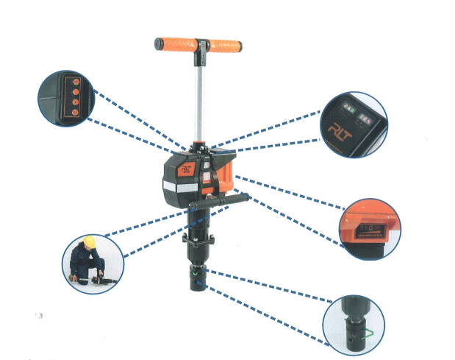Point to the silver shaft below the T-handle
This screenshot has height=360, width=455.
tap(198, 96)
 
